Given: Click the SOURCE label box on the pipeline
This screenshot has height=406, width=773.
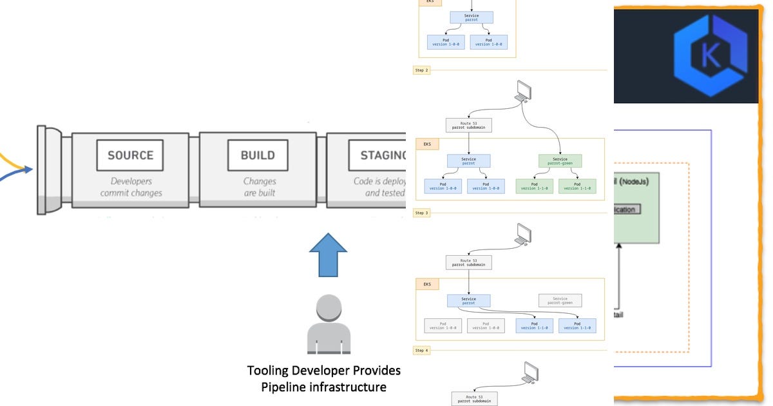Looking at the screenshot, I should tap(130, 155).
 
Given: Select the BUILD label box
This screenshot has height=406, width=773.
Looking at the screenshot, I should tap(258, 155).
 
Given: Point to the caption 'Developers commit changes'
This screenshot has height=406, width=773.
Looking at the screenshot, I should tap(131, 187).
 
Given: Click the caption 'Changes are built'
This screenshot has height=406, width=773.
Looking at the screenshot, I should tap(259, 187).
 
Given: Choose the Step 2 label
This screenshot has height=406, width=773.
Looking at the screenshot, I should tap(421, 70).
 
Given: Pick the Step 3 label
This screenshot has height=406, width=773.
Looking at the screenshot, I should tap(421, 213).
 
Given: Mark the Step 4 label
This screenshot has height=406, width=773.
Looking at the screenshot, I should tap(421, 351).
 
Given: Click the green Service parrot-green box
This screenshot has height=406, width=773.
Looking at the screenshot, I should tap(560, 160).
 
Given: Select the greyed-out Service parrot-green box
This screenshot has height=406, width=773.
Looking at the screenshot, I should tap(560, 300).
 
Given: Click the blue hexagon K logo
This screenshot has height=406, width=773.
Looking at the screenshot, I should tap(711, 56).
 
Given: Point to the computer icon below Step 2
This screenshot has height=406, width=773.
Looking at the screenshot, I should tap(522, 91).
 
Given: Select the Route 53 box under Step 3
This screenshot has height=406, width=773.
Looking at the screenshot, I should tap(468, 262).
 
